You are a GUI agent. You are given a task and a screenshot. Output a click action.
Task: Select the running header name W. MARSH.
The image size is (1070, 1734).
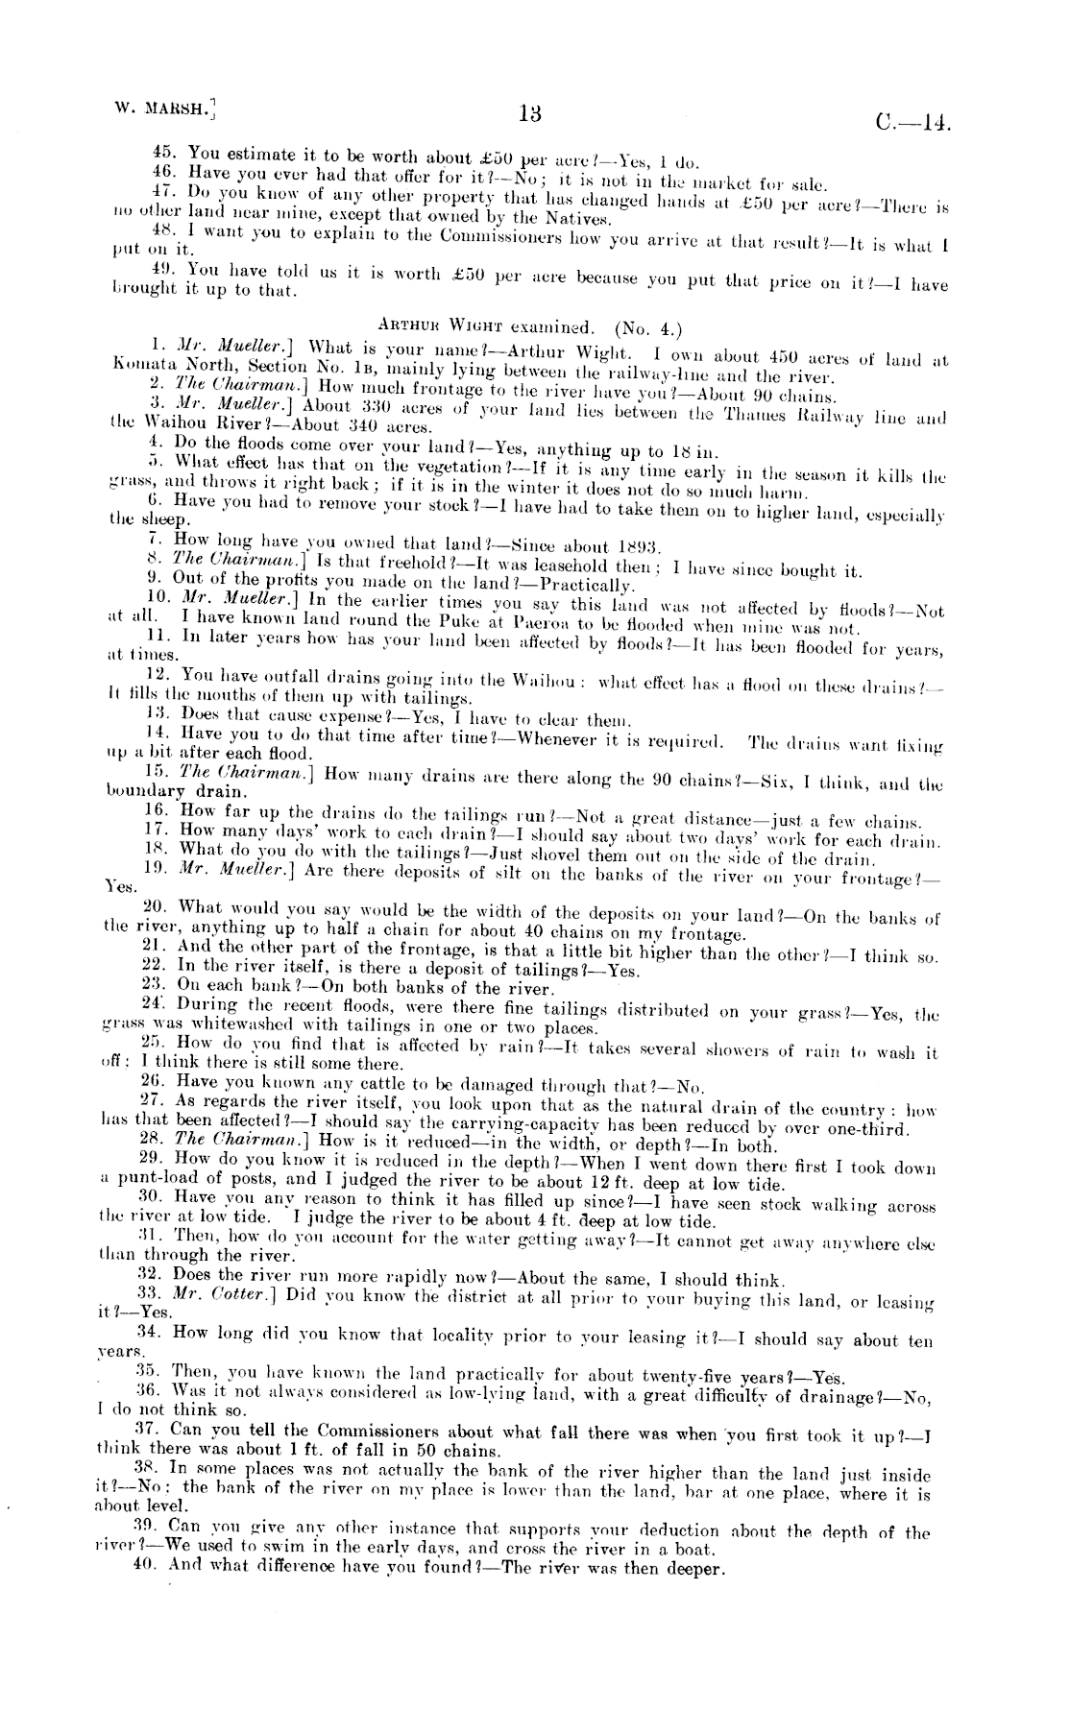pos(161,107)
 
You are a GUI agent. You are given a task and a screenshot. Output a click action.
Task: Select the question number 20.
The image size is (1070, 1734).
pos(155,907)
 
